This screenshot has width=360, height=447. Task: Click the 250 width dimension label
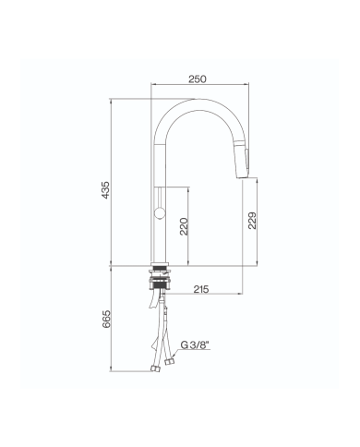click(198, 79)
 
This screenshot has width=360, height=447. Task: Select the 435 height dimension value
click(105, 190)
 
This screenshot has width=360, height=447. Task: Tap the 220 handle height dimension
click(184, 226)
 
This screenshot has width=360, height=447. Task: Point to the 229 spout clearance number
click(252, 221)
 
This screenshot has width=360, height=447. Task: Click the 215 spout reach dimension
click(201, 289)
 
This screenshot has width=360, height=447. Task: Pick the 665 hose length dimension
click(105, 319)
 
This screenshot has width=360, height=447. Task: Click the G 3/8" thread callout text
click(195, 345)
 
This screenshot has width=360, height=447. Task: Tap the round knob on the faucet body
click(159, 213)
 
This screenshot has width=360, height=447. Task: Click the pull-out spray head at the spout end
click(244, 158)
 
